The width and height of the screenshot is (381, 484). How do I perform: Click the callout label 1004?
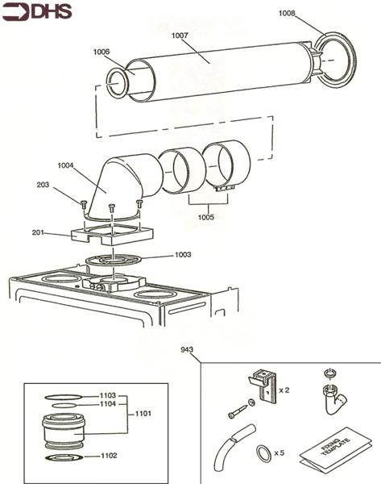click(67, 165)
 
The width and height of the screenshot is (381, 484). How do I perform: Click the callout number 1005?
click(205, 216)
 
